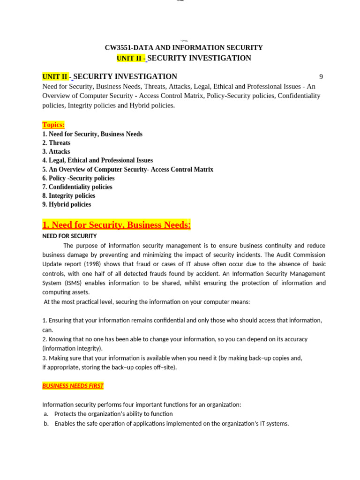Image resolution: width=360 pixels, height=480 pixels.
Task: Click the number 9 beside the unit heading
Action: click(321, 77)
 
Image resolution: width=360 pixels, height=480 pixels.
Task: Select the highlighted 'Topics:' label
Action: click(53, 125)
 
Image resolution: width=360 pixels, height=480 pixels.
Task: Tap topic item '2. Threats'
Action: click(56, 143)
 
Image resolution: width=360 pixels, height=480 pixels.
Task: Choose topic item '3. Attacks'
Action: click(56, 152)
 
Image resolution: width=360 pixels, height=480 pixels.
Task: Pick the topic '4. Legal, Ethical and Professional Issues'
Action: click(97, 160)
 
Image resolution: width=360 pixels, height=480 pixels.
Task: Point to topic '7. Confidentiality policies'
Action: click(77, 187)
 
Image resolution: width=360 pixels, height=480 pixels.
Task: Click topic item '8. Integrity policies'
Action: click(69, 196)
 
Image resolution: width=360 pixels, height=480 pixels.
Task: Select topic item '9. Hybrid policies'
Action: click(67, 205)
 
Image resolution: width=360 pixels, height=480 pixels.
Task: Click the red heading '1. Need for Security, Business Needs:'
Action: click(117, 225)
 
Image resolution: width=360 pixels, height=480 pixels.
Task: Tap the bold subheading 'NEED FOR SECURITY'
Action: click(69, 236)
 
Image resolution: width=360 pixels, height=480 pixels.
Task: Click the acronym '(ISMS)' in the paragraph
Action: click(72, 283)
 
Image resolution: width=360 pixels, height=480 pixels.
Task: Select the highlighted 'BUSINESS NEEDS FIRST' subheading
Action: click(73, 386)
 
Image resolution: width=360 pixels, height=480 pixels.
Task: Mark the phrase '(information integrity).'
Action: click(73, 349)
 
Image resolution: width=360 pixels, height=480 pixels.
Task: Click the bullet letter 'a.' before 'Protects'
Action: click(46, 414)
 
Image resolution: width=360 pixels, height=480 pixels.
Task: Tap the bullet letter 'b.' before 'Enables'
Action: click(46, 424)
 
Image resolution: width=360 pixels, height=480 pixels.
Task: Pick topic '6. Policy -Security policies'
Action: click(78, 178)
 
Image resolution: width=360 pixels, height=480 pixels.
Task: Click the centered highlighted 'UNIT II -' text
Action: click(131, 58)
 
